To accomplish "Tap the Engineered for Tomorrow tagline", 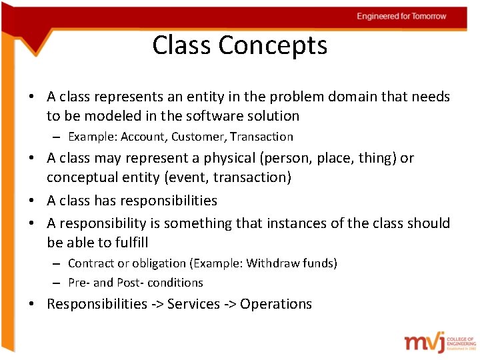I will [401, 16].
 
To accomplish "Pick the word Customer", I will [195, 137].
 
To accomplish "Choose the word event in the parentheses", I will [197, 177].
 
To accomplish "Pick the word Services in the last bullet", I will [193, 304].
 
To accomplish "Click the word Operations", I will [276, 304].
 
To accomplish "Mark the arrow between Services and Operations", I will [230, 305].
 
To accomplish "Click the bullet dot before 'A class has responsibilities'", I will [33, 201].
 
